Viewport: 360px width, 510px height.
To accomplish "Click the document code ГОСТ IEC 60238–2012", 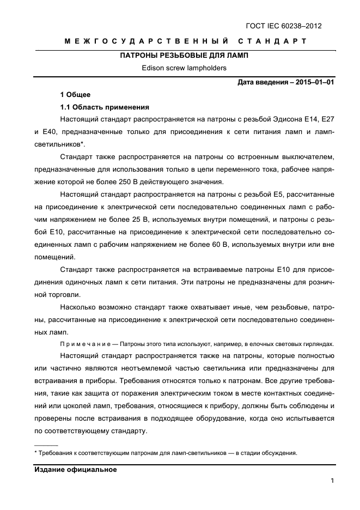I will tap(291, 25).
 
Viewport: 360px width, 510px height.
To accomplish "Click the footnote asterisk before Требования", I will tap(35, 453).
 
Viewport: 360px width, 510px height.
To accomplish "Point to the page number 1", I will tap(332, 481).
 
